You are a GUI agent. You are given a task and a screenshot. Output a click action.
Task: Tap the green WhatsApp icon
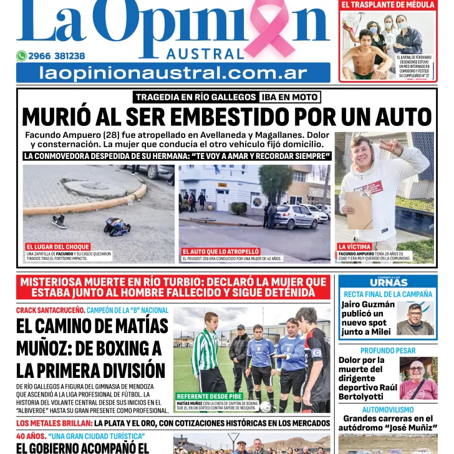(21, 56)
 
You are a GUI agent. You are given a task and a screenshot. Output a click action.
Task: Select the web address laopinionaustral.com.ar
(173, 73)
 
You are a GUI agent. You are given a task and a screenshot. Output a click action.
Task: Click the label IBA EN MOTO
(290, 97)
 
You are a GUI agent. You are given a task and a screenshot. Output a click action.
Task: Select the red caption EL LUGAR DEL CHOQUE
(58, 247)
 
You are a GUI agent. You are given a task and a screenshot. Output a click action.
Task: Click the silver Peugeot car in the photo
(296, 216)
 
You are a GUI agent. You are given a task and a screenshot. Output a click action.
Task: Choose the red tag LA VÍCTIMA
(355, 247)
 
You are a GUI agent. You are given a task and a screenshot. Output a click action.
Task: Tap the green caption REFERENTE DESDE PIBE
(208, 396)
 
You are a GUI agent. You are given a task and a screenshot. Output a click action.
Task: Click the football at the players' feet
(266, 407)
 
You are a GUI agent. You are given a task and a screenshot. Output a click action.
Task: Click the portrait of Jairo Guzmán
(416, 319)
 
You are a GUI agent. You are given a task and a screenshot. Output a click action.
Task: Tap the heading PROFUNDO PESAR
(388, 351)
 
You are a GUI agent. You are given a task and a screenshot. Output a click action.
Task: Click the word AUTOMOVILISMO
(388, 410)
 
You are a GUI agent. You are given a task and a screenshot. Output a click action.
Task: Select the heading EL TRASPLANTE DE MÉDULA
(388, 4)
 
